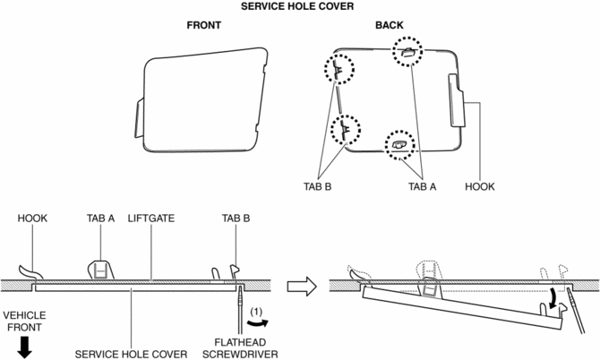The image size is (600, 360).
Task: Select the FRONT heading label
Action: point(204,26)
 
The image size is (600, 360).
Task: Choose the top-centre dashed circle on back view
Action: point(408,53)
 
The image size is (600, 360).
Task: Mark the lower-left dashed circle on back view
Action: point(346,132)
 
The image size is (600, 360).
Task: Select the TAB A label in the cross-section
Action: point(101,218)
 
